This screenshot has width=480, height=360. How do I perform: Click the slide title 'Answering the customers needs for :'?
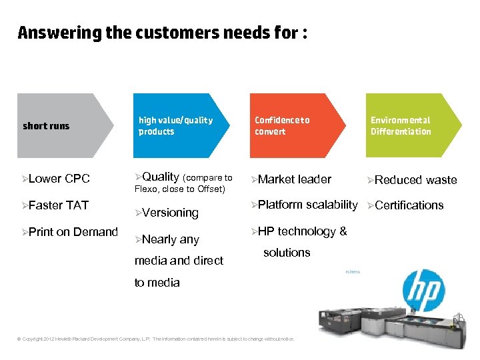coord(162,33)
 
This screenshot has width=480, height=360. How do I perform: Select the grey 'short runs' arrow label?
coord(46,126)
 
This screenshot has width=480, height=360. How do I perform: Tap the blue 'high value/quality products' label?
coord(175,126)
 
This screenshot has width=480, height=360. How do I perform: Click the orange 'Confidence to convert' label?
coord(282,126)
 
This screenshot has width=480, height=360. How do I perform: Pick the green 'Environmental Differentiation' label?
coord(401,126)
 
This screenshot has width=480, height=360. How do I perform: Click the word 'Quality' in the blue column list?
coord(160,177)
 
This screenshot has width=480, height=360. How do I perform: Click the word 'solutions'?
coord(287,253)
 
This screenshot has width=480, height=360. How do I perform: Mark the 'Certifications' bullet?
coord(409,205)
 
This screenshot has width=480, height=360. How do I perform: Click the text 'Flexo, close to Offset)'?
coord(180,189)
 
